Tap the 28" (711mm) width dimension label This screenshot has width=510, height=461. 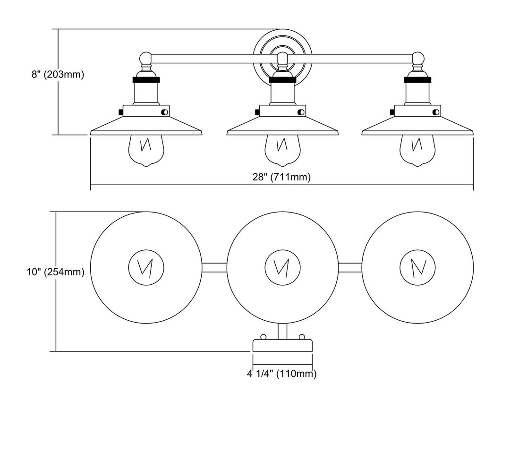tap(281, 177)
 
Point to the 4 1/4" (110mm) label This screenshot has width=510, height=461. tap(281, 374)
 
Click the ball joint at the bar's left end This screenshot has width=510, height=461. tap(145, 59)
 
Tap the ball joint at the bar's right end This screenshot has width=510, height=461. tap(417, 59)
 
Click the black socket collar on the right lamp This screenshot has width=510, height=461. tap(417, 80)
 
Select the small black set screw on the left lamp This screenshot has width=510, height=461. tap(121, 111)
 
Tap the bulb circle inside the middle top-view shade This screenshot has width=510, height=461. tap(282, 267)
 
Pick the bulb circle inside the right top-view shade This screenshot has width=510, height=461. tap(417, 267)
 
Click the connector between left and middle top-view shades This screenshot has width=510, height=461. tap(214, 267)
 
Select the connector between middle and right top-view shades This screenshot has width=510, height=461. tap(350, 267)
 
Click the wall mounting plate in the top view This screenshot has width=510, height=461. tap(282, 345)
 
